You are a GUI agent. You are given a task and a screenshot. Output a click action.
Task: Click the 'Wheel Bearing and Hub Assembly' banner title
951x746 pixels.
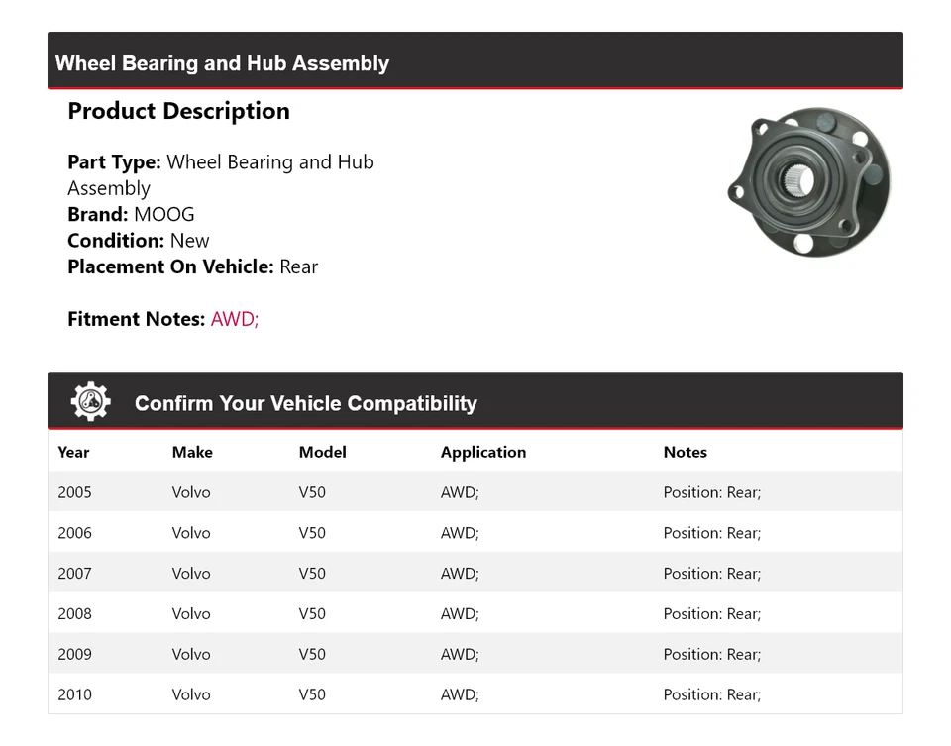[222, 63]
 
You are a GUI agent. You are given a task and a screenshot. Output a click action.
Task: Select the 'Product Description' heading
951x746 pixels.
[178, 111]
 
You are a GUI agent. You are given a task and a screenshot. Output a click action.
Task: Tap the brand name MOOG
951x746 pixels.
[164, 214]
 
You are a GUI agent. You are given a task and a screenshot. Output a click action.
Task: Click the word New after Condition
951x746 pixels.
[189, 241]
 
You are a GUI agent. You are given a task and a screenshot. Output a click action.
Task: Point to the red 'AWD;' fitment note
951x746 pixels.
[235, 319]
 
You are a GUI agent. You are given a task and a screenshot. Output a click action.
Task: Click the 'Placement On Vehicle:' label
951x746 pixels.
[170, 266]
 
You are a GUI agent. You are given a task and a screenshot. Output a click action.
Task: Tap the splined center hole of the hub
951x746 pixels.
[798, 181]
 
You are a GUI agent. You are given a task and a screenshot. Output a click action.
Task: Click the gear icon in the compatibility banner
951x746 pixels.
[90, 402]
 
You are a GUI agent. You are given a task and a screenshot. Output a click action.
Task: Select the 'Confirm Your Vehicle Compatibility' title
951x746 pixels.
[305, 403]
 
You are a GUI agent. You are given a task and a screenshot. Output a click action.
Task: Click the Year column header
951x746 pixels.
[73, 452]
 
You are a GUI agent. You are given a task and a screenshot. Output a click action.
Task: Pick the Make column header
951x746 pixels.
[192, 452]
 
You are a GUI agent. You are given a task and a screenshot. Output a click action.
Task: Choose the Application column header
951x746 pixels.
[483, 452]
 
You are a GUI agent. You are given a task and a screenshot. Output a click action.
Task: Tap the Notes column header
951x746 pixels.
[686, 452]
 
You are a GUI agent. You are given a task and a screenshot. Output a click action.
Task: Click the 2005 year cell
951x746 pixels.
[74, 492]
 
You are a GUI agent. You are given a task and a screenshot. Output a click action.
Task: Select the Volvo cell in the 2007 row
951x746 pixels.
[191, 574]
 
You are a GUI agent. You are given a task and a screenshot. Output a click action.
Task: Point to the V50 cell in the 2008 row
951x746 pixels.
[312, 614]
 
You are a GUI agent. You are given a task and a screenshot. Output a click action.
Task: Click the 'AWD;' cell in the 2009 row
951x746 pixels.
[460, 655]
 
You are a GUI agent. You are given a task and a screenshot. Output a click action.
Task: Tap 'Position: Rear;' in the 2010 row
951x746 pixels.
[712, 695]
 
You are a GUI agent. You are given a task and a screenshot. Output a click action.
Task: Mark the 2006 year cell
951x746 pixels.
[74, 533]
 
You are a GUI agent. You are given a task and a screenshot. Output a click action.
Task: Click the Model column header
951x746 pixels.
[322, 452]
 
